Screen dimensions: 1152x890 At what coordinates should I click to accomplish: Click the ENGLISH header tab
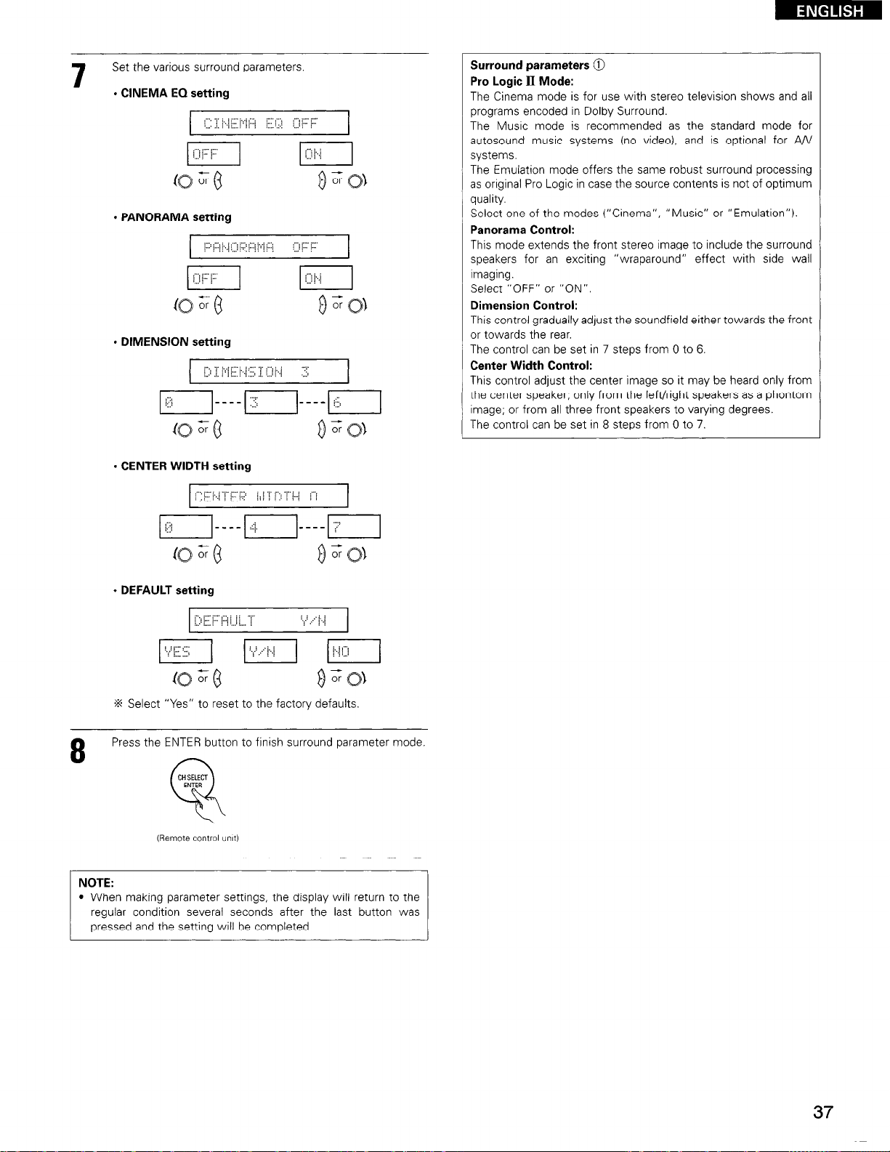[x=828, y=11]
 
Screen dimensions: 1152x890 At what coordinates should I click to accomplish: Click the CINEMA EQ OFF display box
[x=269, y=123]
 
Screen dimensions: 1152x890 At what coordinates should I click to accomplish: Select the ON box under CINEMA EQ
[x=325, y=154]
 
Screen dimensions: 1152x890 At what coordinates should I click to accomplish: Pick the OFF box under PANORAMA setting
[x=213, y=278]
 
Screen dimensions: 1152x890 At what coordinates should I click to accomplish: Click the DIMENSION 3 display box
[x=269, y=372]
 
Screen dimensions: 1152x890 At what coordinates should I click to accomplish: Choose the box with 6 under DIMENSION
[x=354, y=403]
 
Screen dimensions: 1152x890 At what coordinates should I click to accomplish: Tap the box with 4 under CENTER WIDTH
[x=271, y=527]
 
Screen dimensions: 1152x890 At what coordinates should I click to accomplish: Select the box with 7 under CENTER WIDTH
[x=354, y=527]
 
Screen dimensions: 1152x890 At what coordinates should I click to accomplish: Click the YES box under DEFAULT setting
[x=185, y=651]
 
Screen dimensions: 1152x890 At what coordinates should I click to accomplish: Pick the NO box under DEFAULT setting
[x=354, y=651]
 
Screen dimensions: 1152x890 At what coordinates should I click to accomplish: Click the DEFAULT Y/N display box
[x=269, y=621]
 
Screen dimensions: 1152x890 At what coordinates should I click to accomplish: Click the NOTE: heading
[x=96, y=883]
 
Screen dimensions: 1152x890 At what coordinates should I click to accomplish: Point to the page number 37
[x=822, y=1112]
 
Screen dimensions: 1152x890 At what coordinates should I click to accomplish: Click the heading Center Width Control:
[x=531, y=365]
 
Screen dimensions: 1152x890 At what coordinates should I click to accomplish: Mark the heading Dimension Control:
[x=524, y=305]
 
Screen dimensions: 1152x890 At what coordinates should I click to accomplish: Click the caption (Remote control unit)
[x=198, y=838]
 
